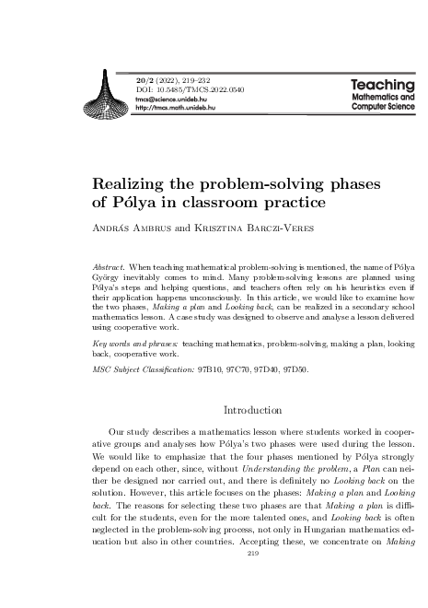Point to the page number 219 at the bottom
coord(255,581)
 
